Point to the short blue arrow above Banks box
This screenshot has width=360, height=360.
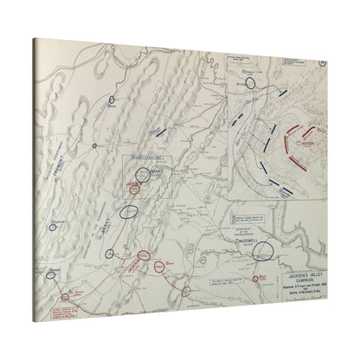click(158, 130)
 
